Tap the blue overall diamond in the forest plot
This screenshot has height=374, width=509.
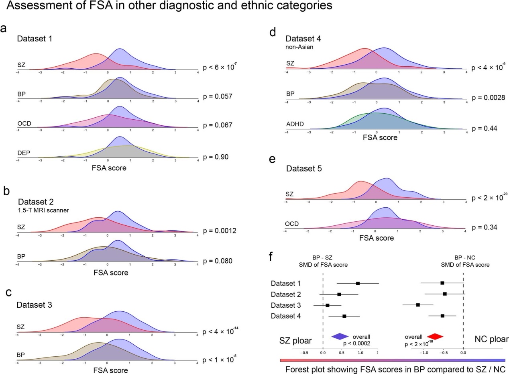pos(340,336)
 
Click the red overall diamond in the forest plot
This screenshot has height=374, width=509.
pos(435,336)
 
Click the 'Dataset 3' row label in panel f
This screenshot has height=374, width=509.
pos(287,305)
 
